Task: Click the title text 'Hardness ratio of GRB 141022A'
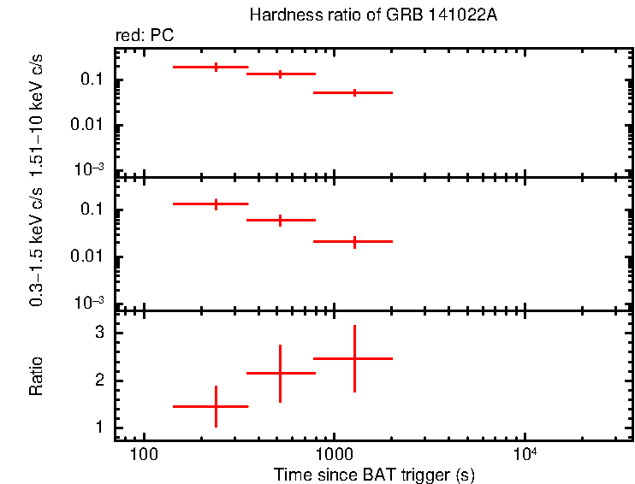(x=371, y=15)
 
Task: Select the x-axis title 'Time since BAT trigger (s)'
(x=374, y=474)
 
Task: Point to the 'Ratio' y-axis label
(x=37, y=376)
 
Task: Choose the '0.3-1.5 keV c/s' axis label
(x=37, y=257)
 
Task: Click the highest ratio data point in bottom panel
(x=354, y=358)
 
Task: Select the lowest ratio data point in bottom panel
(x=216, y=406)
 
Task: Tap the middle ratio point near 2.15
(x=280, y=373)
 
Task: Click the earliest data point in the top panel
(x=216, y=67)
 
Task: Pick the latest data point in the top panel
(x=354, y=92)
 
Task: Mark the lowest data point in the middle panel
(x=354, y=242)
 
